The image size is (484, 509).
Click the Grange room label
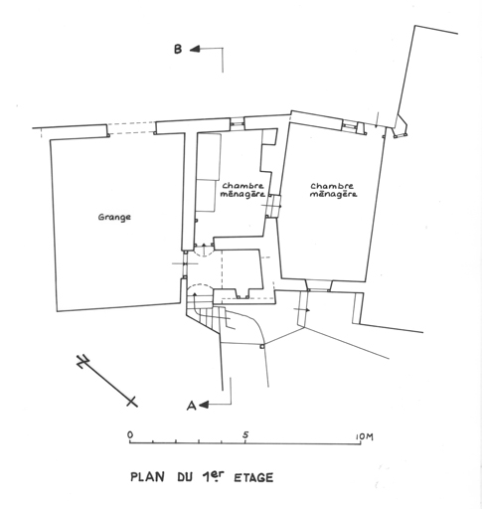click(x=114, y=218)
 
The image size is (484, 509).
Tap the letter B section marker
click(x=178, y=50)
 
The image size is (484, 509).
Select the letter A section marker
click(x=192, y=406)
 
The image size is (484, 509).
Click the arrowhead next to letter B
click(x=195, y=50)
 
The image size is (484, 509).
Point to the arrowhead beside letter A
click(x=204, y=405)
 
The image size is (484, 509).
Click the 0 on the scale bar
click(x=130, y=434)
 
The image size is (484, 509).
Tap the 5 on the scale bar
click(x=245, y=434)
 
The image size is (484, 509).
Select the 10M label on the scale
click(x=364, y=436)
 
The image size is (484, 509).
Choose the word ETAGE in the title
click(x=253, y=478)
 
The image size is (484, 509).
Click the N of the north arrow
click(x=82, y=361)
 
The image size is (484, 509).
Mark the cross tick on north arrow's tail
click(x=132, y=402)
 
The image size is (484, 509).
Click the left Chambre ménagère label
click(x=242, y=190)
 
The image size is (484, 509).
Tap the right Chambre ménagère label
click(x=333, y=190)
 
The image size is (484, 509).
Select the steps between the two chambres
click(x=274, y=206)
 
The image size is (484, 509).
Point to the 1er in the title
click(x=213, y=476)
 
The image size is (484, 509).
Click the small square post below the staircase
click(x=262, y=346)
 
